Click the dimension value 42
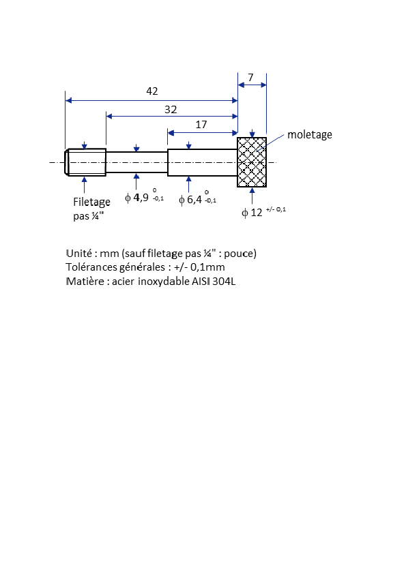(152, 91)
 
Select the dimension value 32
(171, 110)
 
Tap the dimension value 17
(201, 125)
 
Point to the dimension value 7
(250, 78)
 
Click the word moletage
(310, 135)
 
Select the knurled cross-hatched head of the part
(252, 162)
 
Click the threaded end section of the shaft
(85, 162)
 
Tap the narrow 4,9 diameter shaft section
(136, 162)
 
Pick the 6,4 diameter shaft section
(203, 162)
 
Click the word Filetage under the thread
(91, 202)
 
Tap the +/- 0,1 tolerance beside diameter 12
(276, 209)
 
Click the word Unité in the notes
(78, 254)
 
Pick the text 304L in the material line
(224, 282)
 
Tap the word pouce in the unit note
(239, 254)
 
